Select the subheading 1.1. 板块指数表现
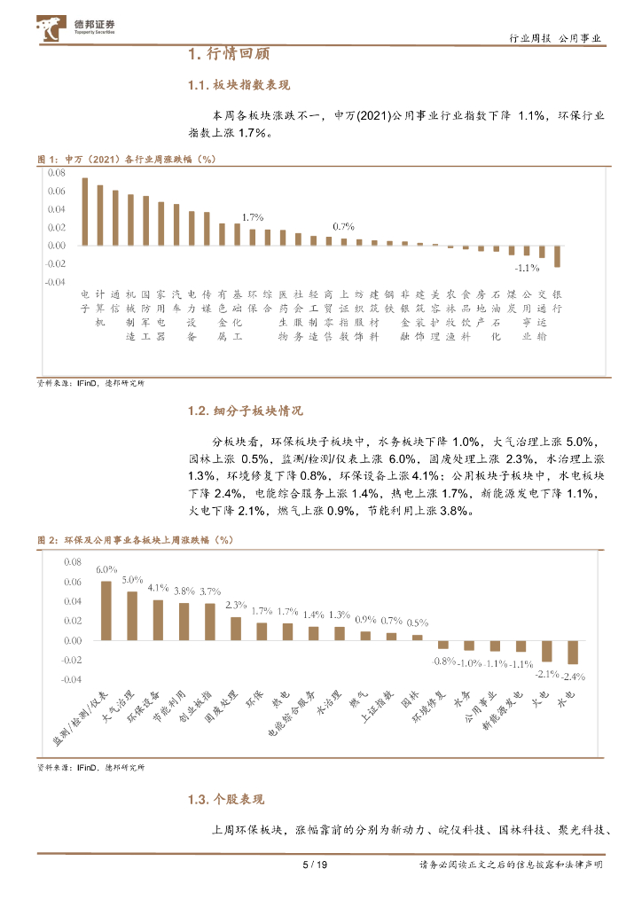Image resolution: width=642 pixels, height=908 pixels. click(239, 85)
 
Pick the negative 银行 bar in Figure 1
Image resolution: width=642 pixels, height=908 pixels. click(557, 255)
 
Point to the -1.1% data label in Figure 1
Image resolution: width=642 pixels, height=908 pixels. click(528, 267)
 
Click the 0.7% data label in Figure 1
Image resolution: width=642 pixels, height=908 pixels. click(343, 226)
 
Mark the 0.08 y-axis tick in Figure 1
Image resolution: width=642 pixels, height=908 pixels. click(57, 172)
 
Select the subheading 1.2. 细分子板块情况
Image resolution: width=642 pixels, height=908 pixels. click(245, 411)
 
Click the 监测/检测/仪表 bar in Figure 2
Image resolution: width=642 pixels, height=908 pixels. click(106, 610)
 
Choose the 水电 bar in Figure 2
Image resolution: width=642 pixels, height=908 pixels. click(572, 652)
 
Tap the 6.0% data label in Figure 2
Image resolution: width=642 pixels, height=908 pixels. click(106, 570)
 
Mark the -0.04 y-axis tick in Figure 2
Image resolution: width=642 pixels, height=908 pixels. click(70, 679)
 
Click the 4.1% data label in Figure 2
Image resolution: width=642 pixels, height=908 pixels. click(158, 588)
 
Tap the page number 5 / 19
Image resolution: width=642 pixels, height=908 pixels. click(316, 865)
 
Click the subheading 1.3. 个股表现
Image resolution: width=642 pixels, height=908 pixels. click(225, 800)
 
